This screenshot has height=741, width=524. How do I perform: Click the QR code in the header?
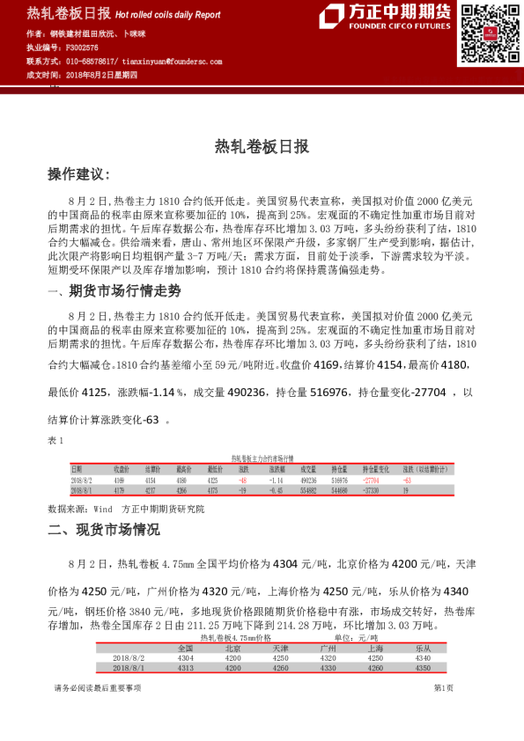click(486, 33)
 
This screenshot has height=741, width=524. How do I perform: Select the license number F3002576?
click(84, 48)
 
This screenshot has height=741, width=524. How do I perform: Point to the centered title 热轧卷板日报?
click(262, 147)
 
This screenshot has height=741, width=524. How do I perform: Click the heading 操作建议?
click(78, 174)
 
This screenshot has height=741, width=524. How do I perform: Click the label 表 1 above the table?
click(55, 439)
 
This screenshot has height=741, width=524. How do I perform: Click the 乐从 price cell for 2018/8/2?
click(423, 657)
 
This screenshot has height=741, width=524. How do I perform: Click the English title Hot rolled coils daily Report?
click(167, 14)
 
